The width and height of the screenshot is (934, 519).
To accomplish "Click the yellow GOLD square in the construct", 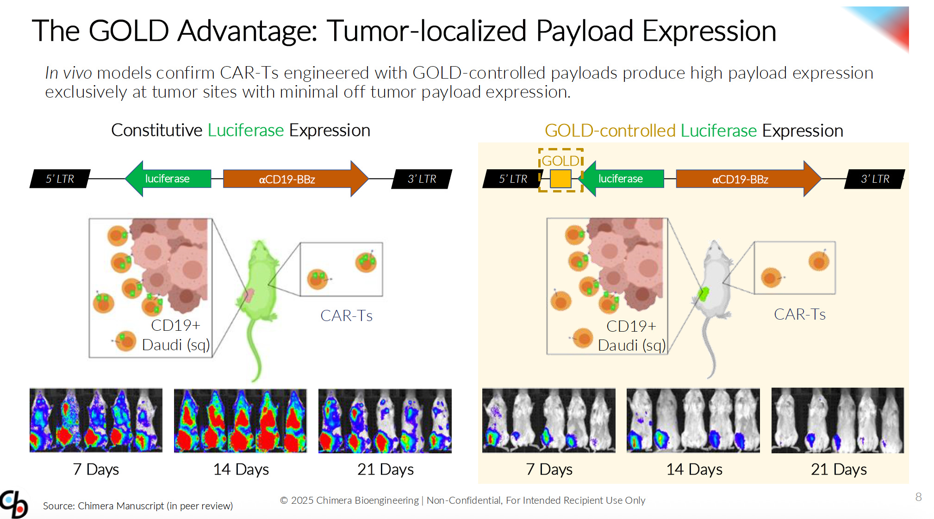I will click(x=560, y=179).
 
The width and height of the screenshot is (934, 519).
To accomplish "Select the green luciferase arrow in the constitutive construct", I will click(x=168, y=179).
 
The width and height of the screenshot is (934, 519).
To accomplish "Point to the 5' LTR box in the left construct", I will click(x=60, y=179).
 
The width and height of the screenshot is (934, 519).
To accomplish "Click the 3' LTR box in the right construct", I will click(x=874, y=179).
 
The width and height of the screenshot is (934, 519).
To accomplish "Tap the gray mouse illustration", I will click(x=713, y=296).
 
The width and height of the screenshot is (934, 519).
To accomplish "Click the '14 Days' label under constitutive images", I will click(x=241, y=470).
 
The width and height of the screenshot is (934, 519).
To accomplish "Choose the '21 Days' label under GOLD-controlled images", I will click(x=839, y=470).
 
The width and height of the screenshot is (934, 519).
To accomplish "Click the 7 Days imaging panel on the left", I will click(x=96, y=420).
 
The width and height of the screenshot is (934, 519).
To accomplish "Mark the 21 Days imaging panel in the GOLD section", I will click(x=837, y=420).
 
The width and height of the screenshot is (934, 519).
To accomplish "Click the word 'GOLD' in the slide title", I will click(x=128, y=31).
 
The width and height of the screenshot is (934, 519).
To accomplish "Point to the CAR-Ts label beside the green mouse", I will click(x=346, y=316).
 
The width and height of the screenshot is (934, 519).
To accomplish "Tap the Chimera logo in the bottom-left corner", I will click(x=14, y=504).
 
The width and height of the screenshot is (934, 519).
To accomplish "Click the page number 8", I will click(x=918, y=497).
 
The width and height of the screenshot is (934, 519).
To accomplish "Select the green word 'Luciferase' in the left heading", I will click(x=245, y=130).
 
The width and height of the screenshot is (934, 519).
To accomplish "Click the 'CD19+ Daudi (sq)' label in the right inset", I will click(x=631, y=336).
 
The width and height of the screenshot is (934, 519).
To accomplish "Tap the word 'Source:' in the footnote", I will click(x=59, y=506).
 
